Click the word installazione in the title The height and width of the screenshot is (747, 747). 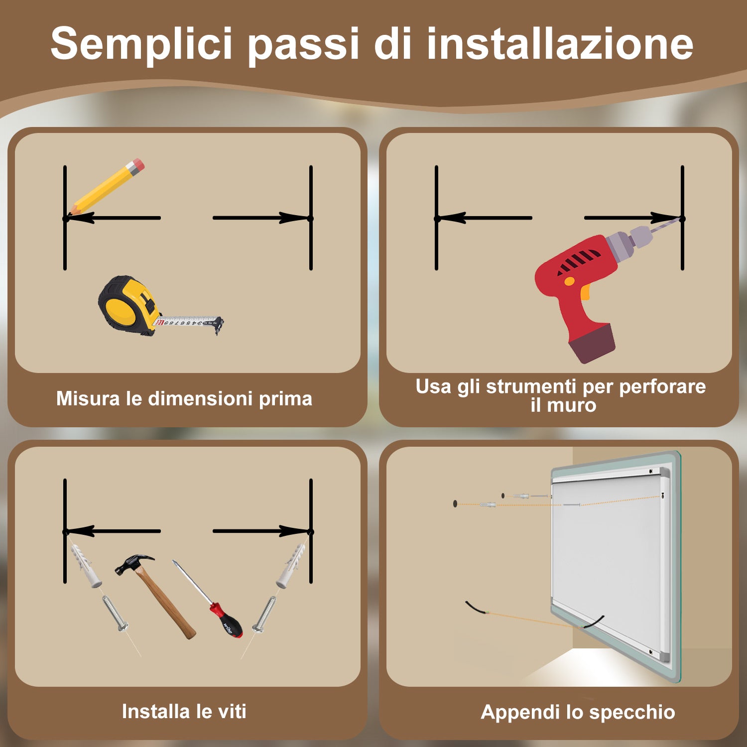tap(560, 44)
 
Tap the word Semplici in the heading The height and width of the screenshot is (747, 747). tap(141, 45)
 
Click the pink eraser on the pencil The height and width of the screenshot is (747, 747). tap(136, 166)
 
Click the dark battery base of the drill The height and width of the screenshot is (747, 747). tap(593, 343)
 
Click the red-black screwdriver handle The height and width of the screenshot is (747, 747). tap(227, 621)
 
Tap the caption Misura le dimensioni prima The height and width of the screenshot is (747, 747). tap(184, 398)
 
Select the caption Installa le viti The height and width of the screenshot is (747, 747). tap(184, 711)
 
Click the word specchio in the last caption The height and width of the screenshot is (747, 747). tap(632, 712)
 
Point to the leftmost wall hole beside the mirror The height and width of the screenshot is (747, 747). tap(455, 504)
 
